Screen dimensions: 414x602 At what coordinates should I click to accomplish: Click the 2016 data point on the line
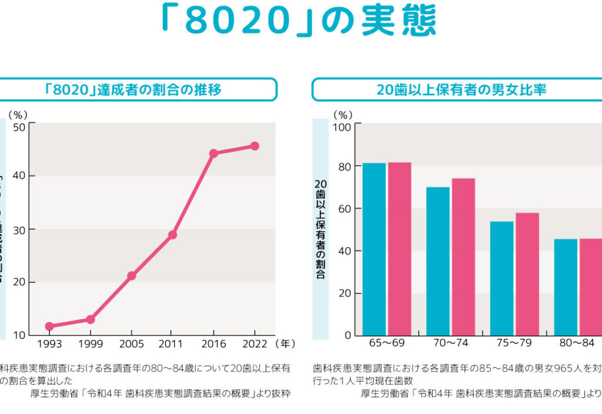(x=213, y=153)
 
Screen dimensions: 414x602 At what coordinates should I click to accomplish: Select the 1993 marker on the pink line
(x=49, y=326)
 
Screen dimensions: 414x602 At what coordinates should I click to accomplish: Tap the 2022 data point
(x=255, y=146)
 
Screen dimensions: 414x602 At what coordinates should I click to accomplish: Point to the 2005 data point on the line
(x=132, y=276)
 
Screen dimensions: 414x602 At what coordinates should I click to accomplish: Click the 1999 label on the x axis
(x=91, y=343)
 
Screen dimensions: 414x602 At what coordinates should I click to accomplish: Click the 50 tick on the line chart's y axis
(x=19, y=126)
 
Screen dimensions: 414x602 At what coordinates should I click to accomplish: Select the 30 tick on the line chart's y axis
(x=19, y=229)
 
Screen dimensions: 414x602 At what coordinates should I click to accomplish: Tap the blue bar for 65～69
(x=374, y=249)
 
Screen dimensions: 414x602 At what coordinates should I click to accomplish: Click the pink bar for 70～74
(x=463, y=257)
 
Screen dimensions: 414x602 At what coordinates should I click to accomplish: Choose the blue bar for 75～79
(x=501, y=278)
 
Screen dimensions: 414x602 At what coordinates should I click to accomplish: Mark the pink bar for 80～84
(x=591, y=287)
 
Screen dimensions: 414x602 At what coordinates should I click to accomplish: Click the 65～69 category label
(x=386, y=343)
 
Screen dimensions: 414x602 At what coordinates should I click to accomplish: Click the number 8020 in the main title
(x=238, y=21)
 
